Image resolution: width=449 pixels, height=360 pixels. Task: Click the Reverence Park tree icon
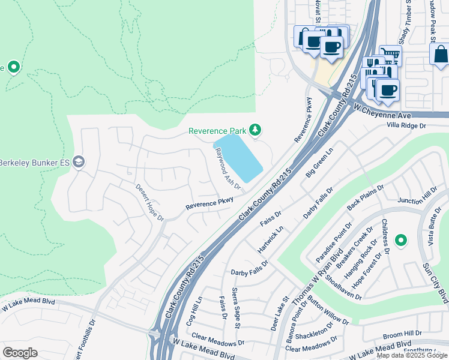pyautogui.click(x=255, y=130)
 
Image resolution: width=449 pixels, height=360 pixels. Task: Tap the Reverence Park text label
pyautogui.click(x=217, y=131)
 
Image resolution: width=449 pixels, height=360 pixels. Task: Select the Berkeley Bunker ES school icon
pyautogui.click(x=79, y=162)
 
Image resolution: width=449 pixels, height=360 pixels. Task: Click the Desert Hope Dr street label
pyautogui.click(x=149, y=202)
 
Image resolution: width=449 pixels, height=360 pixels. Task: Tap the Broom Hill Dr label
pyautogui.click(x=402, y=333)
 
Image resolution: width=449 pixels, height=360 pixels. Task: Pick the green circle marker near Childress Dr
pyautogui.click(x=400, y=241)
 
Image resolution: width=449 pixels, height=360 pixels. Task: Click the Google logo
pyautogui.click(x=20, y=352)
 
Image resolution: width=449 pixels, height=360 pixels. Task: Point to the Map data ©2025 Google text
pyautogui.click(x=411, y=355)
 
